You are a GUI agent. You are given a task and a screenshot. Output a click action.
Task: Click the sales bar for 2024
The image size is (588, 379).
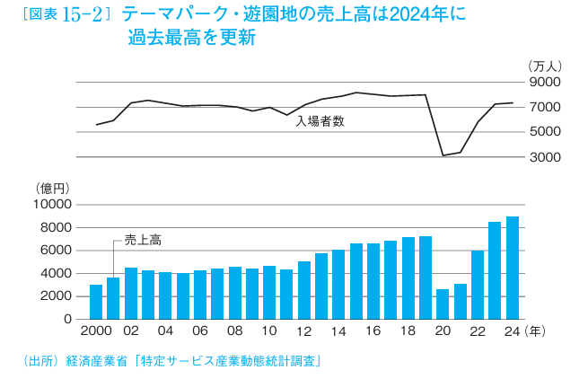512,268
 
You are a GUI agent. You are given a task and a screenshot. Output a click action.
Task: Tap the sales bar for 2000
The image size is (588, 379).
96,302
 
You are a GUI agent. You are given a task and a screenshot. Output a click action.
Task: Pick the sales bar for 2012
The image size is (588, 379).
303,290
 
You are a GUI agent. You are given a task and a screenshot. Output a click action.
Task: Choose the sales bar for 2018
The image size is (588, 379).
408,278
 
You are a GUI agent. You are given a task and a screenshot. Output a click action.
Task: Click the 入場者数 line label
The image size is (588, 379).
320,120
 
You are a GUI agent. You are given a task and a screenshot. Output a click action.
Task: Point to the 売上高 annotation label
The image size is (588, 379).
142,240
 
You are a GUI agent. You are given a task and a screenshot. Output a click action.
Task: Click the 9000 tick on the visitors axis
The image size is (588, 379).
545,82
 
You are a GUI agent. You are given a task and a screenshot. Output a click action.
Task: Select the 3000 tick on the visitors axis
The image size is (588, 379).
545,157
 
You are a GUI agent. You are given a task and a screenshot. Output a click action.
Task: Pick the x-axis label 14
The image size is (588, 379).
338,331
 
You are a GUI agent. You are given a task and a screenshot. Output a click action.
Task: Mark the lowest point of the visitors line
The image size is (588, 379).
443,155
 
